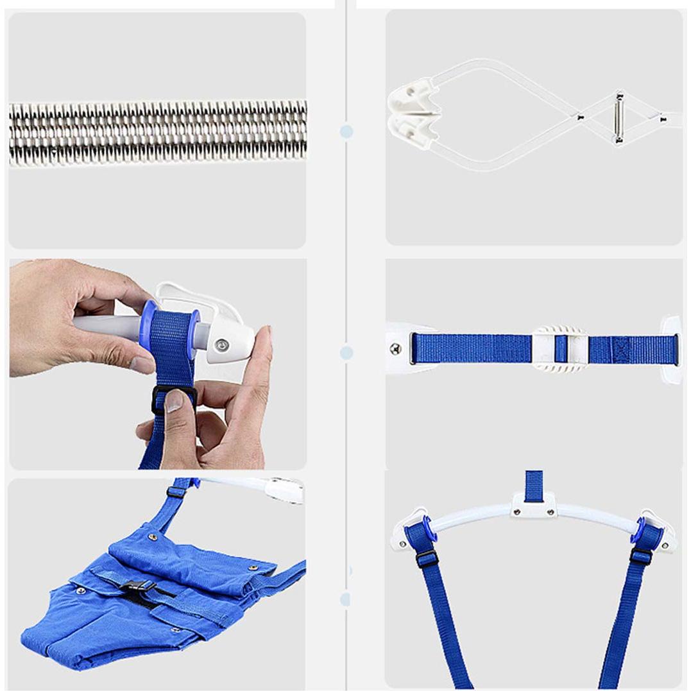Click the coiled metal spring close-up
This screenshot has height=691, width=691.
(158, 133)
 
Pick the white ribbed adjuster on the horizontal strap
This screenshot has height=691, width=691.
(560, 349)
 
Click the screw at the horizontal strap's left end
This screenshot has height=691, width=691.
(395, 348)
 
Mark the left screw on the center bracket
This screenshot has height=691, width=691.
(516, 512)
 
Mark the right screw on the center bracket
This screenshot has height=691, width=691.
(550, 512)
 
